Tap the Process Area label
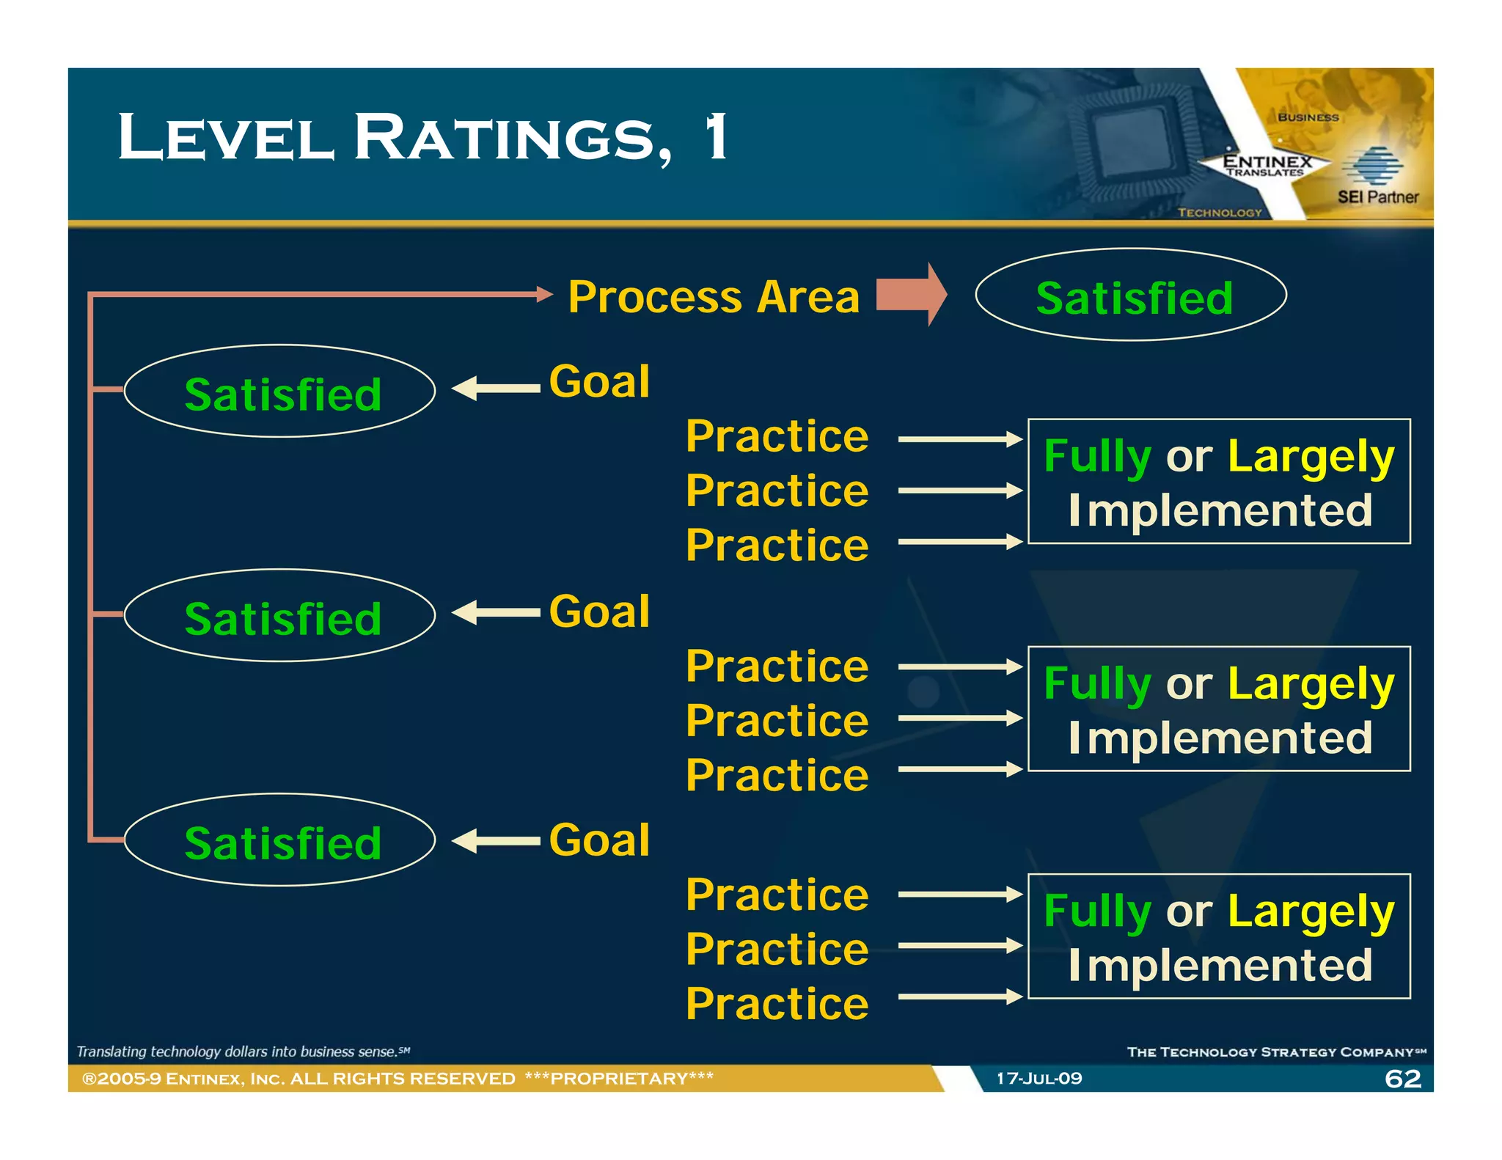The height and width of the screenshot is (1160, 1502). click(713, 297)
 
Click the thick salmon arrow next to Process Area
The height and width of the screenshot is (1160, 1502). click(912, 294)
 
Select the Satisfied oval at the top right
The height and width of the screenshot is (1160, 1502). click(1130, 295)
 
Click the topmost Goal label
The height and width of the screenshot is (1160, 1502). click(599, 382)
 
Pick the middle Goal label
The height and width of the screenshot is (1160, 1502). click(599, 612)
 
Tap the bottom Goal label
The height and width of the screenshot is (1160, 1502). click(599, 840)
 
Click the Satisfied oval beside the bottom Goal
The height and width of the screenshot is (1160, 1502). click(279, 841)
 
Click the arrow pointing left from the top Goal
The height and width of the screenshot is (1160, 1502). click(496, 389)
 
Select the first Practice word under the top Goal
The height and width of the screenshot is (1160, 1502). click(777, 437)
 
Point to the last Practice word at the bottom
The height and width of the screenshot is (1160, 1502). click(777, 1004)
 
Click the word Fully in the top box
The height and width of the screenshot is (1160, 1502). click(1096, 457)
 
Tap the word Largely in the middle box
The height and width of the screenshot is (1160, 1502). click(1310, 685)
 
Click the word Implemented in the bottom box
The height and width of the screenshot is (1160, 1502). click(1220, 966)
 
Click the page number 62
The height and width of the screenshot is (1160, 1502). click(1402, 1079)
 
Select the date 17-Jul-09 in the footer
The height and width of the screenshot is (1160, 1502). click(1038, 1079)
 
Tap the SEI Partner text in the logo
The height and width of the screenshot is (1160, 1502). click(1377, 197)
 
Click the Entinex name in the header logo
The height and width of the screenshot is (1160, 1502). click(1267, 161)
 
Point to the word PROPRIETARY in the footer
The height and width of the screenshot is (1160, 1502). click(619, 1079)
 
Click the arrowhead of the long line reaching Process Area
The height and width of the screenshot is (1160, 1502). click(544, 295)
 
